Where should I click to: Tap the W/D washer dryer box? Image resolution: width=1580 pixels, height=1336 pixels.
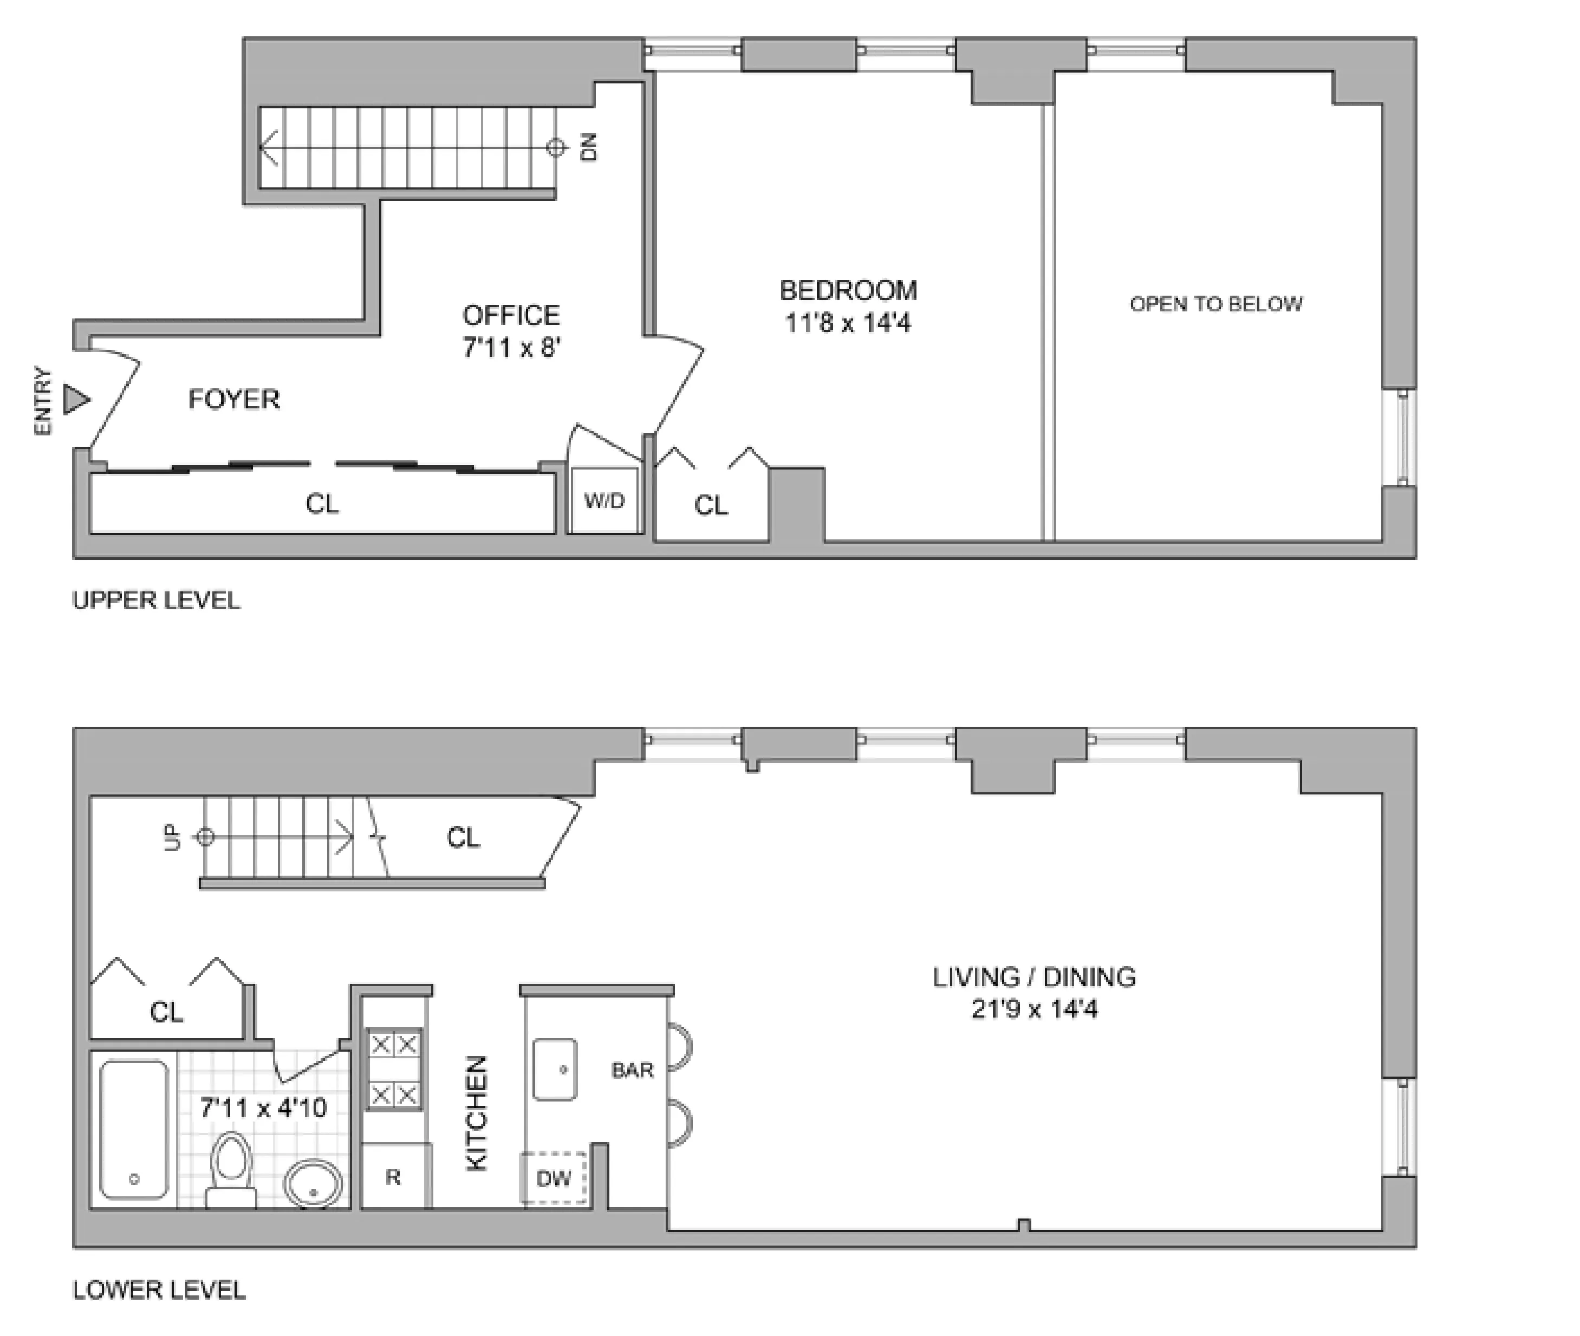coord(604,500)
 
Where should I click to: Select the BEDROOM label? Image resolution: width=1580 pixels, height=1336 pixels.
coord(848,290)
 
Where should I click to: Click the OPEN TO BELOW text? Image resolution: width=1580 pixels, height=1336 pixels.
coord(1215,304)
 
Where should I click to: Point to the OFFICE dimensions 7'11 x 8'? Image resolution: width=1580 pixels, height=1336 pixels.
coord(511,348)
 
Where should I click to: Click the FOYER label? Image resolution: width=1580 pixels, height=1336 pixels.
coord(234,399)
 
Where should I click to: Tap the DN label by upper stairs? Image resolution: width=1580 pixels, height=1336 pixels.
coord(589,147)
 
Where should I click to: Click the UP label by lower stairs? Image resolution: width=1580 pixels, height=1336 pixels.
coord(173,837)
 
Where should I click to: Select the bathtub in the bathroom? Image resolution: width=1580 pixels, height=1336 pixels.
coord(134,1129)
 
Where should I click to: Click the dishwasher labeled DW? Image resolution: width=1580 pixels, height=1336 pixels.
coord(554,1178)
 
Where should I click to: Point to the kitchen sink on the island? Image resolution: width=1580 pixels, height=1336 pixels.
coord(555,1070)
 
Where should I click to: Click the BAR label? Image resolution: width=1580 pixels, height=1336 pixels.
coord(632,1070)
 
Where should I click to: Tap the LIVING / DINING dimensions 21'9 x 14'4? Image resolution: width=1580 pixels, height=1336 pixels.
coord(1034,1009)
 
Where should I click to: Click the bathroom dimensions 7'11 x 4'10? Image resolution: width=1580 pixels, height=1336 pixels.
coord(263,1108)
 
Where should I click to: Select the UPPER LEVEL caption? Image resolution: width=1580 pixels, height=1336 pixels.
coord(156,600)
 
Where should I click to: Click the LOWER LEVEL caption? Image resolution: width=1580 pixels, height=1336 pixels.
coord(159,1290)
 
